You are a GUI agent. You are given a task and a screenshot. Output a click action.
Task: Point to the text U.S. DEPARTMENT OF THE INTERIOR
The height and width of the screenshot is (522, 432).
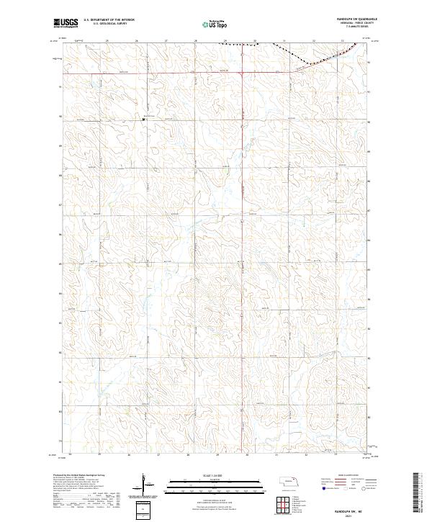(109, 20)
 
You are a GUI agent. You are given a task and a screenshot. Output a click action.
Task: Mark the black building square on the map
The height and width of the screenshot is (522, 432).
(143, 120)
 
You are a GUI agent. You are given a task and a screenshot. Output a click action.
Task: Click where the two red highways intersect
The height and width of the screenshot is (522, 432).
(242, 72)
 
